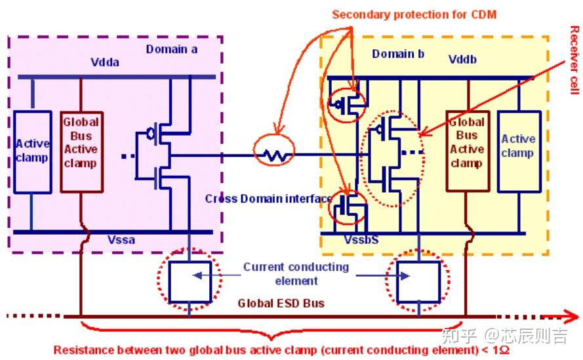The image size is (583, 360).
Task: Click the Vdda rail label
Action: [105, 62]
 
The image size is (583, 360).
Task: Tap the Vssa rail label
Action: [121, 240]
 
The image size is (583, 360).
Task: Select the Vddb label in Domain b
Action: [462, 60]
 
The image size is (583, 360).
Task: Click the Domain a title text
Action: [171, 49]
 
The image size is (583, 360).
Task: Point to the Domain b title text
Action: [398, 54]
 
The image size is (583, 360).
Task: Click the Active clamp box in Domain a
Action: [32, 151]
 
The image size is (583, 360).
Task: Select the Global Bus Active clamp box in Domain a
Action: [81, 151]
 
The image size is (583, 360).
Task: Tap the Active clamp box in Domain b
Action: [519, 151]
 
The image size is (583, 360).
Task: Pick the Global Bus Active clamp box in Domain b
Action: [468, 151]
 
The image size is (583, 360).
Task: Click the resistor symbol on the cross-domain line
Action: [274, 155]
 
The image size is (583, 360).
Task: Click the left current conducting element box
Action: [190, 281]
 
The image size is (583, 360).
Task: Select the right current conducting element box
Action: [418, 281]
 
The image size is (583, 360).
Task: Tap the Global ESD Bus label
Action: [281, 304]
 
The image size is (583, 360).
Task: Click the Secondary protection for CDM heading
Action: [414, 14]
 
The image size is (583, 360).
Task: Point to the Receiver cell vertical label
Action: [575, 60]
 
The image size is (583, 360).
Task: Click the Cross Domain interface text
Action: [268, 199]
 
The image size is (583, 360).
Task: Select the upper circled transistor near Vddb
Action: [348, 104]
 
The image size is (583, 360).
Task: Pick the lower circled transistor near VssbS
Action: [348, 207]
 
